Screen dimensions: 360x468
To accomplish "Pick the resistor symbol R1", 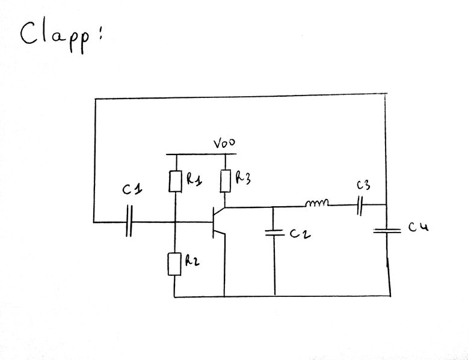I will pyautogui.click(x=175, y=181).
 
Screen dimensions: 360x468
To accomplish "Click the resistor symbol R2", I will pyautogui.click(x=174, y=264).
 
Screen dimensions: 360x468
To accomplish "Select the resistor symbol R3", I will pyautogui.click(x=226, y=180).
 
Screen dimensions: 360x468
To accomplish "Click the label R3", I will pyautogui.click(x=243, y=177).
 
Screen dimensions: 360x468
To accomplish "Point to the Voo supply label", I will pyautogui.click(x=224, y=144).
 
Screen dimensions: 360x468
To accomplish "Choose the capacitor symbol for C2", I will pyautogui.click(x=274, y=231).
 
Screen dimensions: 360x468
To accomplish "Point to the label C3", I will pyautogui.click(x=363, y=185).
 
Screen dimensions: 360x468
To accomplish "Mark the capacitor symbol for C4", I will pyautogui.click(x=386, y=230).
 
